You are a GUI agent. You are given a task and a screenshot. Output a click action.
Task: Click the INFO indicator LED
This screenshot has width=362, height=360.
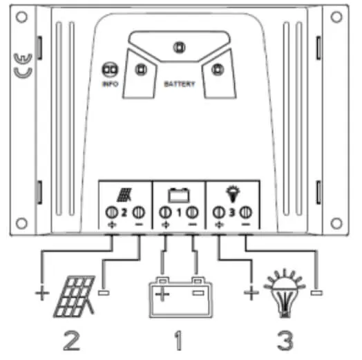[110, 70]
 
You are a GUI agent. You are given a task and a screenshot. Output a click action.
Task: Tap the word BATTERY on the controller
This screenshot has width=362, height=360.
[180, 84]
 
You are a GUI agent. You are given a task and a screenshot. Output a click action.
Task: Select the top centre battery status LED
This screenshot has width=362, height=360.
[179, 48]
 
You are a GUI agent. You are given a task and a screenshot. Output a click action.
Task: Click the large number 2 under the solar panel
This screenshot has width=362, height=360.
[72, 341]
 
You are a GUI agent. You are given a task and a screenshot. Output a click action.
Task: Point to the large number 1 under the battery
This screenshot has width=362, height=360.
[178, 341]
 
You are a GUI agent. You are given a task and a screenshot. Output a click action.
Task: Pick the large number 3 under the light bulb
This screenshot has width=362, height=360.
[285, 341]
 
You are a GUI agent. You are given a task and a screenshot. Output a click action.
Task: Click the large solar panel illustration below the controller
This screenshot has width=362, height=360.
[75, 296]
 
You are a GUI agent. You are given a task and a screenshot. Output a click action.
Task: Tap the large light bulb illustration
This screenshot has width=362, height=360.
[285, 293]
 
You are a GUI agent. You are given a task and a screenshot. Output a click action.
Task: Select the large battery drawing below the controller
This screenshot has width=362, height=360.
[180, 297]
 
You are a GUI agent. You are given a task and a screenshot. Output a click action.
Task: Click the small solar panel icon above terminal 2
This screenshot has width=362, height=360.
[124, 195]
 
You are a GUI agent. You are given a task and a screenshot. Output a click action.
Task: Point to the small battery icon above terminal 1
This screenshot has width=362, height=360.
[179, 195]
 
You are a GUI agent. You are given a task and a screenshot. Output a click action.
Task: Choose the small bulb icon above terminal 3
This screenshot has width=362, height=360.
[233, 194]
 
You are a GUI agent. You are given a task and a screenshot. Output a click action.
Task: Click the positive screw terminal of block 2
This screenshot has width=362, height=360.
[112, 212]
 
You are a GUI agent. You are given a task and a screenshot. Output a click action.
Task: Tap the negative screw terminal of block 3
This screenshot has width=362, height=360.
[246, 212]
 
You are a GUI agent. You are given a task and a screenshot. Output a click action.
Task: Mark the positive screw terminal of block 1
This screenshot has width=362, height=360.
[165, 212]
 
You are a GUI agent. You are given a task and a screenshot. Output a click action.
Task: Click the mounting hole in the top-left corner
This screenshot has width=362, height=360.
[21, 17]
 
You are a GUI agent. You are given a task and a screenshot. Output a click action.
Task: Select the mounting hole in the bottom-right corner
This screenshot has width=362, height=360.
[336, 223]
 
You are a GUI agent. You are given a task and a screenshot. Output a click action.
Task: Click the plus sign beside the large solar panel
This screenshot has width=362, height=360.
[42, 293]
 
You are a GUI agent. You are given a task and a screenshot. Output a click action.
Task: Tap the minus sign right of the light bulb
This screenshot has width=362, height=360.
[316, 293]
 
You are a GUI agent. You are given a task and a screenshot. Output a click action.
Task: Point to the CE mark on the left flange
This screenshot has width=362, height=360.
[23, 66]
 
